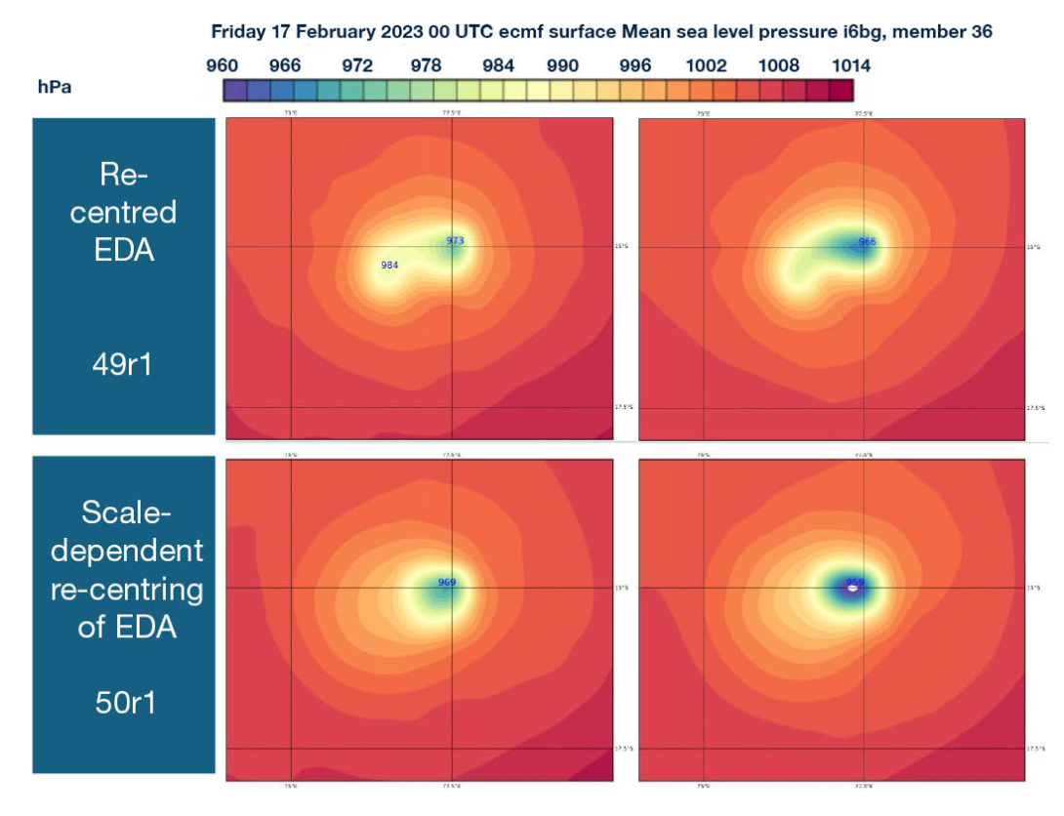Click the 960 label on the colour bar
(x=223, y=65)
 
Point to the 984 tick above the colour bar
(x=498, y=65)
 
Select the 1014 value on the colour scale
(x=851, y=65)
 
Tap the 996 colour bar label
(x=635, y=65)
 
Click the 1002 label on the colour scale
(x=707, y=65)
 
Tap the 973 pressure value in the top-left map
(x=455, y=240)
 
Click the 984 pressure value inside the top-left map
(x=389, y=265)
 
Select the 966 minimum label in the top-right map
(x=867, y=241)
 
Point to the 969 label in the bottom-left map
(x=447, y=583)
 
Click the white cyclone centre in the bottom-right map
(x=854, y=588)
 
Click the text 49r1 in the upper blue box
(x=124, y=367)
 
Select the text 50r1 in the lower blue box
(x=124, y=702)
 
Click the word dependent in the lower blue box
(x=126, y=551)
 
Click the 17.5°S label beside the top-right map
(x=1036, y=408)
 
